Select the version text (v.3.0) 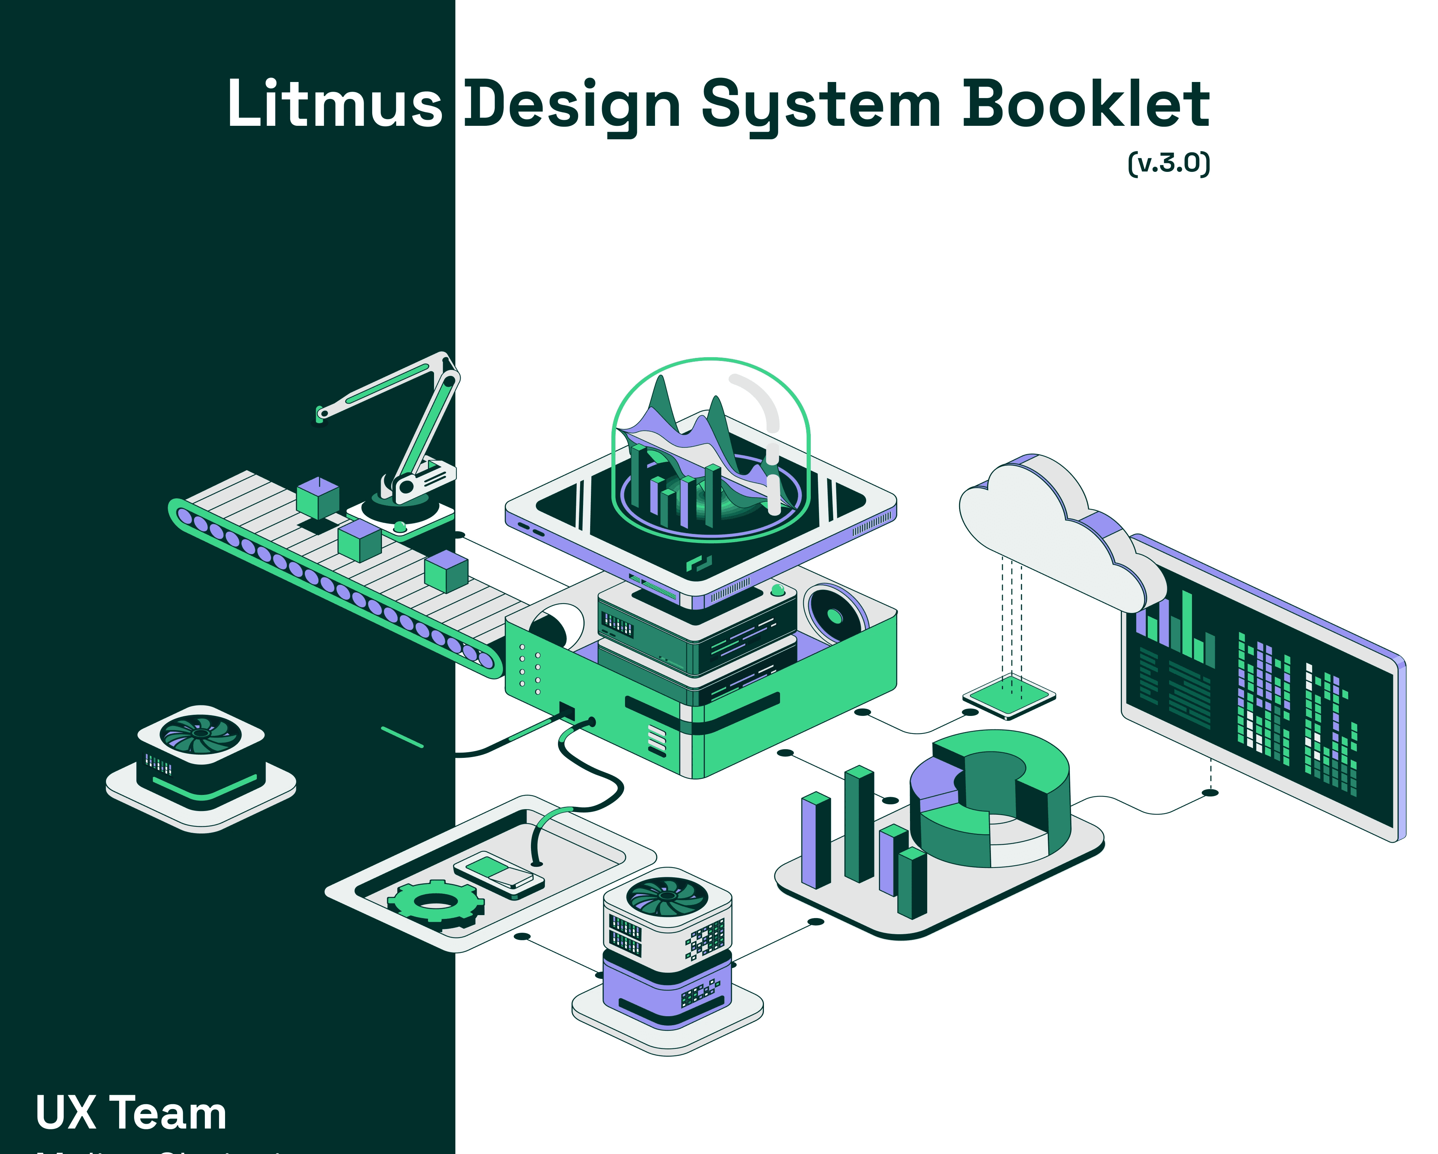coord(1168,163)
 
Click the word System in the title coord(821,105)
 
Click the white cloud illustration coord(1040,527)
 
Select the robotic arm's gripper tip coord(321,415)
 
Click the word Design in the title coord(572,105)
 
